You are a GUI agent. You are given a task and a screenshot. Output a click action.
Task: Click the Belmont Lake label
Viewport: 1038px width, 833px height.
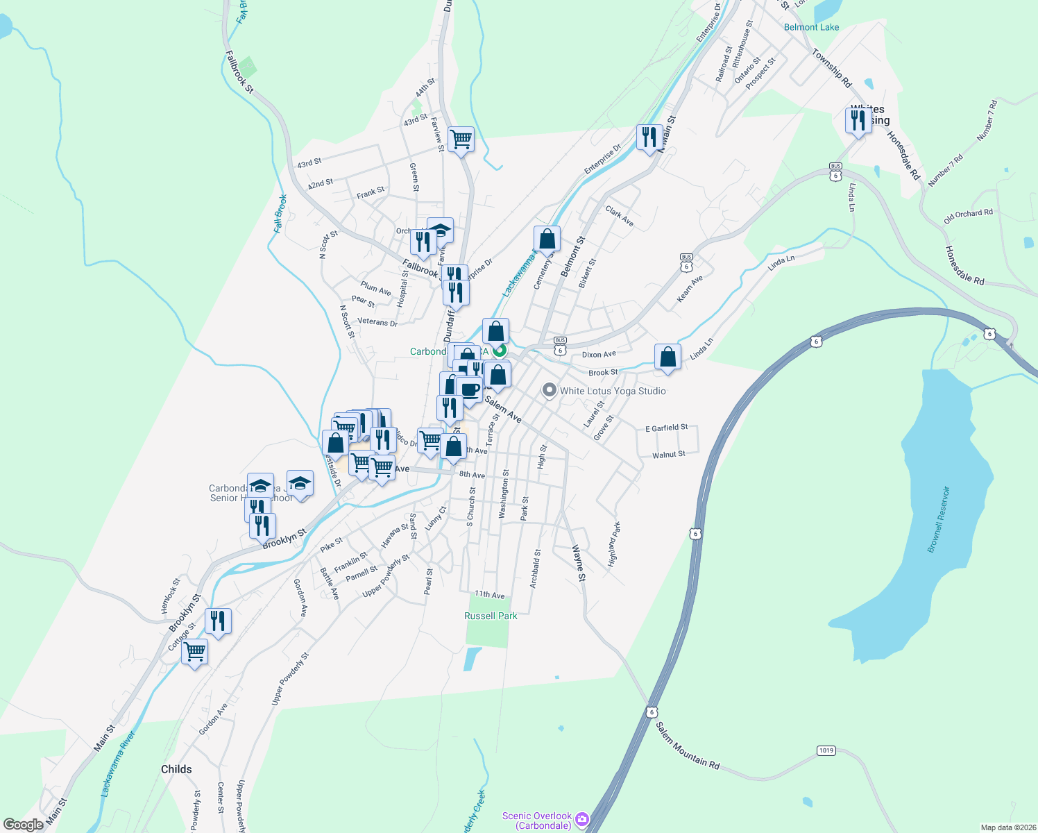[x=811, y=27]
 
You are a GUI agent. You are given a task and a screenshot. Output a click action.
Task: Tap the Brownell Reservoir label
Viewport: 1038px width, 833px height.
[x=938, y=519]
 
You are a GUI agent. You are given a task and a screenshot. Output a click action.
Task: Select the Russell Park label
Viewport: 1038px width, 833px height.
[x=491, y=616]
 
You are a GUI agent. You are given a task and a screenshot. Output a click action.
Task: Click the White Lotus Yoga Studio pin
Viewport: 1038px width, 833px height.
[x=550, y=390]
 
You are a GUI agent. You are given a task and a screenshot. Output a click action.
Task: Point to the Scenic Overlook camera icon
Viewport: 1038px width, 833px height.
[x=582, y=820]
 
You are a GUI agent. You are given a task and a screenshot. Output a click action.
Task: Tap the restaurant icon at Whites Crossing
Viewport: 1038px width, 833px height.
[x=858, y=121]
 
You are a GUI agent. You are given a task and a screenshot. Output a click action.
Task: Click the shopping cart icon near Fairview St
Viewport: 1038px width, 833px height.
[x=461, y=140]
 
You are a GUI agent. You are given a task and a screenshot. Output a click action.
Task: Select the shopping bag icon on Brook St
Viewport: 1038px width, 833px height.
[x=667, y=357]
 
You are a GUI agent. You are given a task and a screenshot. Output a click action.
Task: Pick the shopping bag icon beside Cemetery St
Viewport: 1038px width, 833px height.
[x=547, y=239]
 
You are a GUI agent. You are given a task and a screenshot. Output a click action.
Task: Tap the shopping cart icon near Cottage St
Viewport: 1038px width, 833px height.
[x=195, y=652]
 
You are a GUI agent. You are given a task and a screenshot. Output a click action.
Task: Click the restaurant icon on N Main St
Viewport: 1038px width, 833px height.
[x=649, y=137]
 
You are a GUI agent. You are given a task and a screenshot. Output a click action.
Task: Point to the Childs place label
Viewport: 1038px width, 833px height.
[x=176, y=769]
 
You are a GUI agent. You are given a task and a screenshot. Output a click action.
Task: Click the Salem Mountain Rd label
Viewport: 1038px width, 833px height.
[x=688, y=746]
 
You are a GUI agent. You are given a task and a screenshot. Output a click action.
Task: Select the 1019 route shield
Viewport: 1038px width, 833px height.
[x=826, y=750]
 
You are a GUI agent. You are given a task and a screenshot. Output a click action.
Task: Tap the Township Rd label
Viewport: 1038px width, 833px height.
[x=831, y=67]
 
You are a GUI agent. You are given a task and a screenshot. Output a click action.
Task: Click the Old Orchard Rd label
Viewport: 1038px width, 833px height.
[x=968, y=216]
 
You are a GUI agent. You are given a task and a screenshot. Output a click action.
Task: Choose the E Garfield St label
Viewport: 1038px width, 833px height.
[x=666, y=428]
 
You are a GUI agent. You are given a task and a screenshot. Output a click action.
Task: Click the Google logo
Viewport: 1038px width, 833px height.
[x=23, y=825]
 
